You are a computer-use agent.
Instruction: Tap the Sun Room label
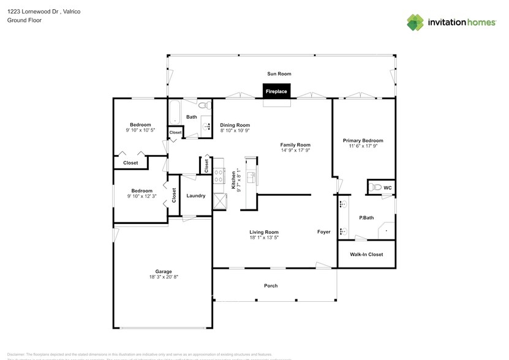(279, 74)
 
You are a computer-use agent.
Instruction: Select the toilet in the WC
(376, 187)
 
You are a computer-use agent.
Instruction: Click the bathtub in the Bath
(174, 112)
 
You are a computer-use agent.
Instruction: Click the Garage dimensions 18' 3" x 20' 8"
(163, 277)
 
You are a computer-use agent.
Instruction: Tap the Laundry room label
(195, 196)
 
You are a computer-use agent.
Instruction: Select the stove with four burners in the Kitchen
(218, 178)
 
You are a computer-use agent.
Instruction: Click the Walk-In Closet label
(366, 254)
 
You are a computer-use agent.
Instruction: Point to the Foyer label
(323, 232)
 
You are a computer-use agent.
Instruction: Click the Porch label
(271, 286)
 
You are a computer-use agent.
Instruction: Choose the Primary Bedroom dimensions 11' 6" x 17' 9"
(363, 146)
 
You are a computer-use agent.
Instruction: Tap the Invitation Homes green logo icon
(415, 22)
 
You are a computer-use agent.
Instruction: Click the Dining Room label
(235, 125)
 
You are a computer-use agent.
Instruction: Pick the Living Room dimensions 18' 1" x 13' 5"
(264, 238)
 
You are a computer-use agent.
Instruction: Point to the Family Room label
(295, 144)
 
